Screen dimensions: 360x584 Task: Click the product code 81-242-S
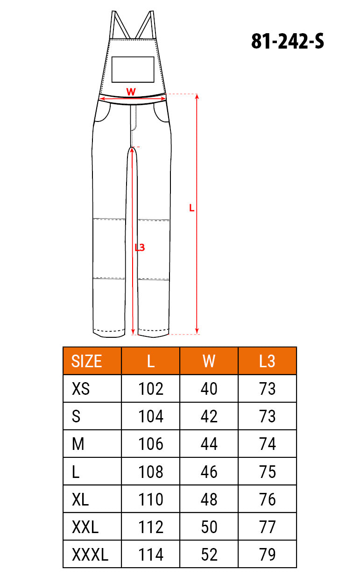[288, 41]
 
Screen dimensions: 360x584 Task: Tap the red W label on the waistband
[131, 92]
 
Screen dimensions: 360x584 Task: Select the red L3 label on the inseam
[140, 248]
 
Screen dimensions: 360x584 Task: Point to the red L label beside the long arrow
[192, 208]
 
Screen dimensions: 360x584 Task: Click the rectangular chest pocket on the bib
[133, 69]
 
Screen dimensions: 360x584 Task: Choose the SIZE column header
[86, 361]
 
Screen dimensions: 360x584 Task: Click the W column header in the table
[209, 361]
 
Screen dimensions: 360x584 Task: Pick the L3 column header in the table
[267, 361]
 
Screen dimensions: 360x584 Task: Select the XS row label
[81, 388]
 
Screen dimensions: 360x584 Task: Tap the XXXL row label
[90, 555]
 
